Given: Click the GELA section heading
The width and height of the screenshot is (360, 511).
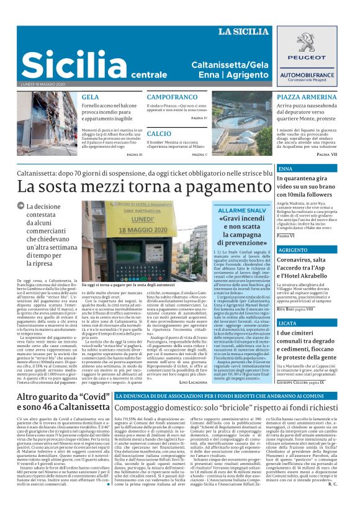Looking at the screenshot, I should [90, 97].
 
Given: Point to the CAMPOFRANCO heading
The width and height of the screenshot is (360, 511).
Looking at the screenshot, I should [173, 98].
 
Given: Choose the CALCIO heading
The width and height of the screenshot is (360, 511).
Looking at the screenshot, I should [159, 133].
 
